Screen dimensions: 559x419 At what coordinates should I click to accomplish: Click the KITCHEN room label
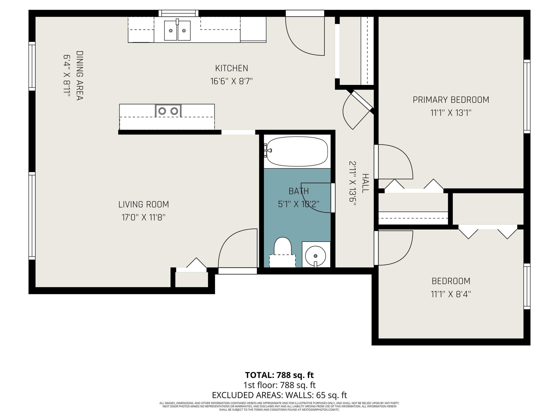point(231,68)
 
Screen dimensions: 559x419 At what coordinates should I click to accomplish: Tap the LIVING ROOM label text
point(143,204)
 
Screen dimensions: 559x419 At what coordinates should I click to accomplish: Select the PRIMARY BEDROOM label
point(451,100)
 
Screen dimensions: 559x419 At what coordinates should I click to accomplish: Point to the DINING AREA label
point(80,76)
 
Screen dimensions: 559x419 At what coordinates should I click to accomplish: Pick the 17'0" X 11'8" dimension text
point(143,217)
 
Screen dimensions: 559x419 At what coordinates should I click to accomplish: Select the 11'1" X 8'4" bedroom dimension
point(451,294)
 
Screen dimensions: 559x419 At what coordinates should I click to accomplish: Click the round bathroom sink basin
point(315,256)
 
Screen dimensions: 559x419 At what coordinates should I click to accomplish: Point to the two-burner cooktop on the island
point(168,111)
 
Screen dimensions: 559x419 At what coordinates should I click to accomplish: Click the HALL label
point(365,183)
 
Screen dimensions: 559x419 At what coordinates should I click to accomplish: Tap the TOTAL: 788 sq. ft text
point(279,375)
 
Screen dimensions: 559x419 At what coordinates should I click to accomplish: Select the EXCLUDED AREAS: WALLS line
point(279,395)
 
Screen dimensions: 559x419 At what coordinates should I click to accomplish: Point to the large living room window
point(32,216)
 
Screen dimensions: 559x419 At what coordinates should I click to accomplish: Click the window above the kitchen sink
point(179,13)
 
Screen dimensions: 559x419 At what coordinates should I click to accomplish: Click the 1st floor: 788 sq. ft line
point(279,385)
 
